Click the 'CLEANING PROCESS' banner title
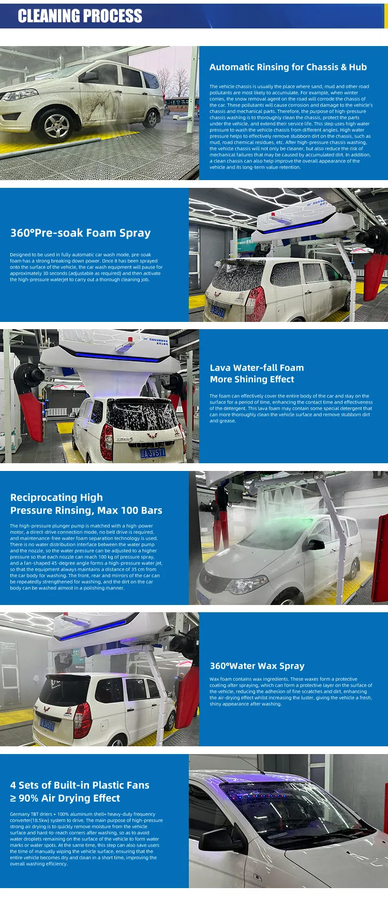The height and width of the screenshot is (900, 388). coord(80,16)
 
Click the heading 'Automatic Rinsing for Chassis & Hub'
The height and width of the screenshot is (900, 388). coord(288,67)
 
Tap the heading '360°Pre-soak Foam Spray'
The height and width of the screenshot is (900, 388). coord(80,233)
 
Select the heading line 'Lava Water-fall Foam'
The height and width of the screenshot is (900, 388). coord(257,368)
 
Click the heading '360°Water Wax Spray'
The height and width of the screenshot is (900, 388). coord(257,666)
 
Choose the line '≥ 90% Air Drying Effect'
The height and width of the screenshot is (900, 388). coord(65,799)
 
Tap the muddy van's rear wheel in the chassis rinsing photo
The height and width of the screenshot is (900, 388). coord(151,119)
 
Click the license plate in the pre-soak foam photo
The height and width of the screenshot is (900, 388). coord(217,311)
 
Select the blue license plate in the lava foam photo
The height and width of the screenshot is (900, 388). coord(153,453)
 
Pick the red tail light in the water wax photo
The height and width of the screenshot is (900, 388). coord(82,720)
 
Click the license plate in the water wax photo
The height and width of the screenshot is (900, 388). coord(47,725)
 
